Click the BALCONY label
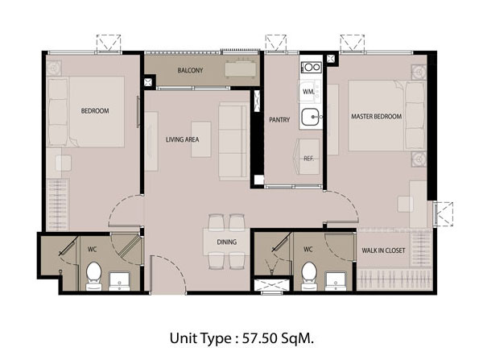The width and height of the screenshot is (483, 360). [190, 70]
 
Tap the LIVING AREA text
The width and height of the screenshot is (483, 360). [183, 139]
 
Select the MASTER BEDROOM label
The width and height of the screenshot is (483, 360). [376, 117]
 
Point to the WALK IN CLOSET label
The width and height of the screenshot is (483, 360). [383, 250]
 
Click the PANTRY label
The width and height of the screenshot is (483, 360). [279, 119]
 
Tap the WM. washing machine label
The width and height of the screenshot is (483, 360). [308, 92]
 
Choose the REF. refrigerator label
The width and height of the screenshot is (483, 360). [308, 159]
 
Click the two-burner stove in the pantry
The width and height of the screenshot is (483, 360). [312, 67]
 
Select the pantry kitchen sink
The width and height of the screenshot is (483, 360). [311, 117]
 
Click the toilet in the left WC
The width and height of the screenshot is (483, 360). [94, 276]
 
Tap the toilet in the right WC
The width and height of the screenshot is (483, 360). [309, 276]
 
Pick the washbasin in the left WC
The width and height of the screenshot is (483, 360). [119, 281]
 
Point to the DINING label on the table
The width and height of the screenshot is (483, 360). [227, 242]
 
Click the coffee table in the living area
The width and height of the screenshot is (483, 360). [201, 139]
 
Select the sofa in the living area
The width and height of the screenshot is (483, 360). [233, 141]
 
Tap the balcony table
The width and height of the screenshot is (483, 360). [241, 68]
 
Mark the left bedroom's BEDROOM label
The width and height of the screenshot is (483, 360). [95, 110]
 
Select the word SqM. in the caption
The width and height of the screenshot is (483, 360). [298, 339]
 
